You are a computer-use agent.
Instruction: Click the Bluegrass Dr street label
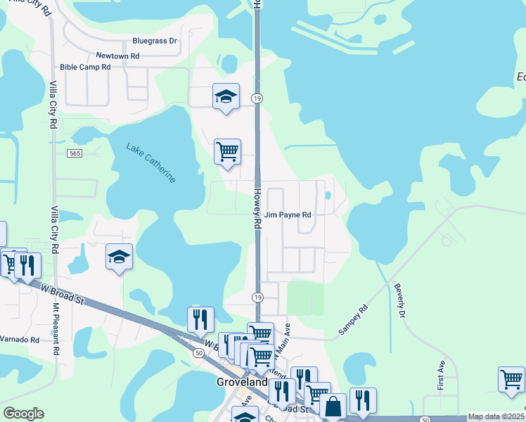pos(155,41)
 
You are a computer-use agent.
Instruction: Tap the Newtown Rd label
pos(117,56)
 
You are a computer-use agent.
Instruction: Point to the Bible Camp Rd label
pos(86,67)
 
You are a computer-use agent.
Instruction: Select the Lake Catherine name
pos(151,162)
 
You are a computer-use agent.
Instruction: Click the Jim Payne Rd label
pos(288,215)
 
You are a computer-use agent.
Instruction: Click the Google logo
pos(23,414)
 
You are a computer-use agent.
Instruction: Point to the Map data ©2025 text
pos(495,416)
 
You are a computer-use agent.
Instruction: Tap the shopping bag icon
pos(333,406)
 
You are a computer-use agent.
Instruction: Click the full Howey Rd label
pos(257,209)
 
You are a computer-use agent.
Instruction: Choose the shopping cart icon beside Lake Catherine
pos(227,151)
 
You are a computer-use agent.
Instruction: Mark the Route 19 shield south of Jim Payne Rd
pos(257,298)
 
